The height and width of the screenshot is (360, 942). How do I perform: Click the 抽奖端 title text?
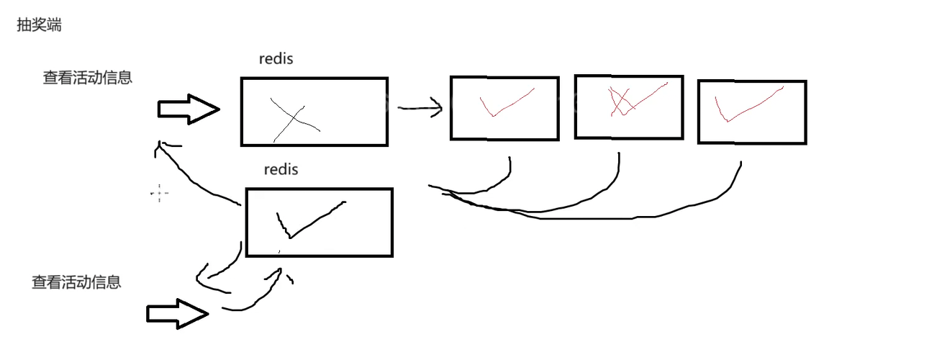tap(39, 25)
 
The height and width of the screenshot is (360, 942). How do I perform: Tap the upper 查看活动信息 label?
tap(87, 78)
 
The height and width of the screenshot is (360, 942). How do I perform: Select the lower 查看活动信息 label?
tap(76, 282)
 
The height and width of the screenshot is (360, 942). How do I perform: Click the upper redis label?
tap(276, 59)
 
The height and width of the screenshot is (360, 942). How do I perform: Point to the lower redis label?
tap(281, 170)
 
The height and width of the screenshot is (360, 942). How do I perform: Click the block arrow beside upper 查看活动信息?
tap(188, 109)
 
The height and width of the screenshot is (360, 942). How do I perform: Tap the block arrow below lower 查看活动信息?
tap(177, 314)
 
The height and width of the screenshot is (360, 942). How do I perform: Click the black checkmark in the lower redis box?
tap(306, 220)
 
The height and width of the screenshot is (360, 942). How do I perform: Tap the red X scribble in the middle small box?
tap(622, 102)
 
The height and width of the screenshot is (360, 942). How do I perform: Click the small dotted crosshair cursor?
tap(159, 193)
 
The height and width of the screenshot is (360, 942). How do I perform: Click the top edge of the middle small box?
tap(628, 76)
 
